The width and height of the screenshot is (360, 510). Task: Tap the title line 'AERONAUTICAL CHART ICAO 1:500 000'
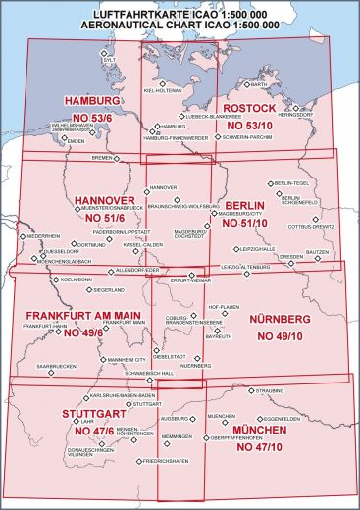tap(180, 23)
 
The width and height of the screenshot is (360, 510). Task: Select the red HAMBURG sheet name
tap(91, 101)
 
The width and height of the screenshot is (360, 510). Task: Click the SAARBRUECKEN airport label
tap(56, 365)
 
